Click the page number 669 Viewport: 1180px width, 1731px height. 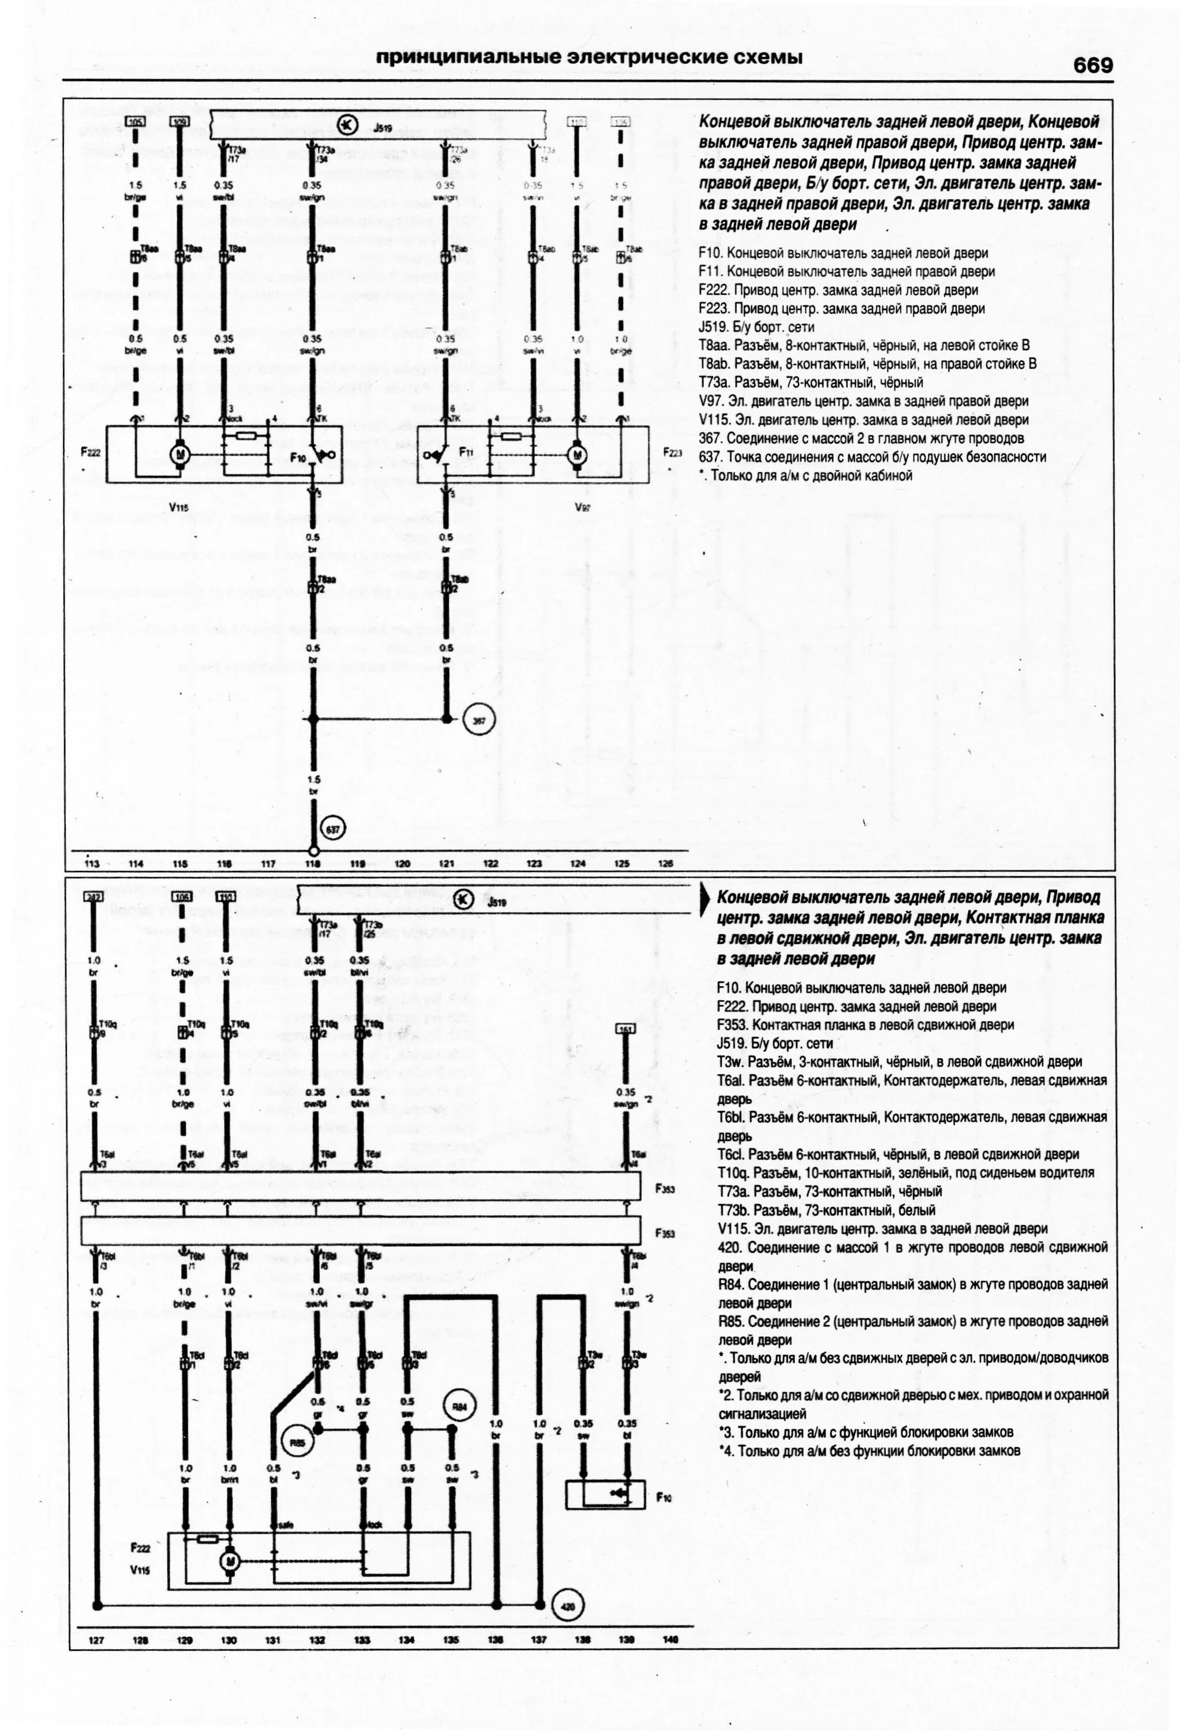(x=1093, y=66)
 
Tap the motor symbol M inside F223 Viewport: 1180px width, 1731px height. (x=576, y=454)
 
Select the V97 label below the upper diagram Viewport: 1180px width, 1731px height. (x=583, y=507)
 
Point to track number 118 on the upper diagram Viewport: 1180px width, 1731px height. (x=313, y=864)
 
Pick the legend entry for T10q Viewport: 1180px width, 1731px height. (x=906, y=1173)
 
